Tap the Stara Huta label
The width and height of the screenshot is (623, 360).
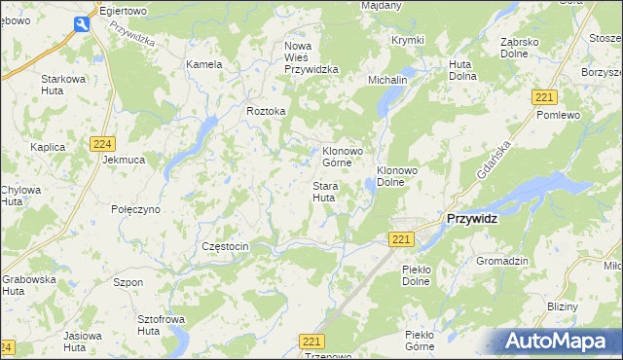coord(324,192)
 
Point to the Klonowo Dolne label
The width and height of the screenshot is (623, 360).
coord(397,176)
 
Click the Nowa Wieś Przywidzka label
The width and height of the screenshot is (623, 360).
coord(311,57)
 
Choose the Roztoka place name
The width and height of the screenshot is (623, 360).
coord(266,112)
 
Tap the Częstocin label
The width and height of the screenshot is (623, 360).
coord(225,247)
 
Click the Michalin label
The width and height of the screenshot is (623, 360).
coord(387,78)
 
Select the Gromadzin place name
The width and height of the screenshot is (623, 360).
coord(501,262)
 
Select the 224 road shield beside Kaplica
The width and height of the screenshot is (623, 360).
coord(104,144)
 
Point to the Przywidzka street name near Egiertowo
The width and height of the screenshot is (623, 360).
coord(132,36)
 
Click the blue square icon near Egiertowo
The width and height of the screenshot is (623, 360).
coord(83,25)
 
